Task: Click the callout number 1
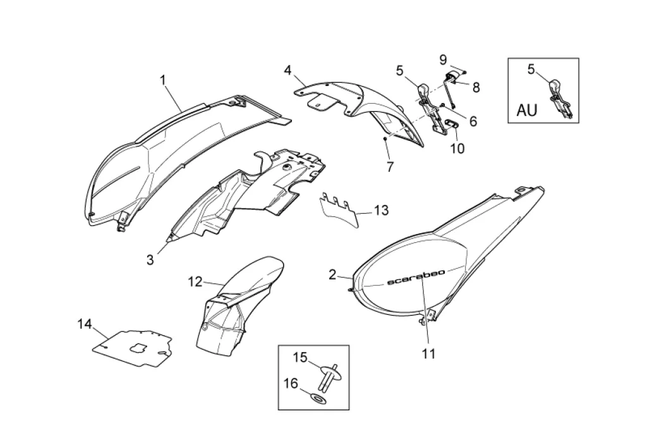[x=162, y=80]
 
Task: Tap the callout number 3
[x=150, y=259]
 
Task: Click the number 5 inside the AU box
[x=531, y=69]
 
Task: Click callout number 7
[x=390, y=168]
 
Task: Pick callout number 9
[x=444, y=59]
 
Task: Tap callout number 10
[x=456, y=148]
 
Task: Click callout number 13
[x=381, y=209]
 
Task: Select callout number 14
[x=85, y=324]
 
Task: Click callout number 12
[x=195, y=280]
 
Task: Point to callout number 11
[x=429, y=354]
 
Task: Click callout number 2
[x=332, y=274]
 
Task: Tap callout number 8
[x=475, y=87]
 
